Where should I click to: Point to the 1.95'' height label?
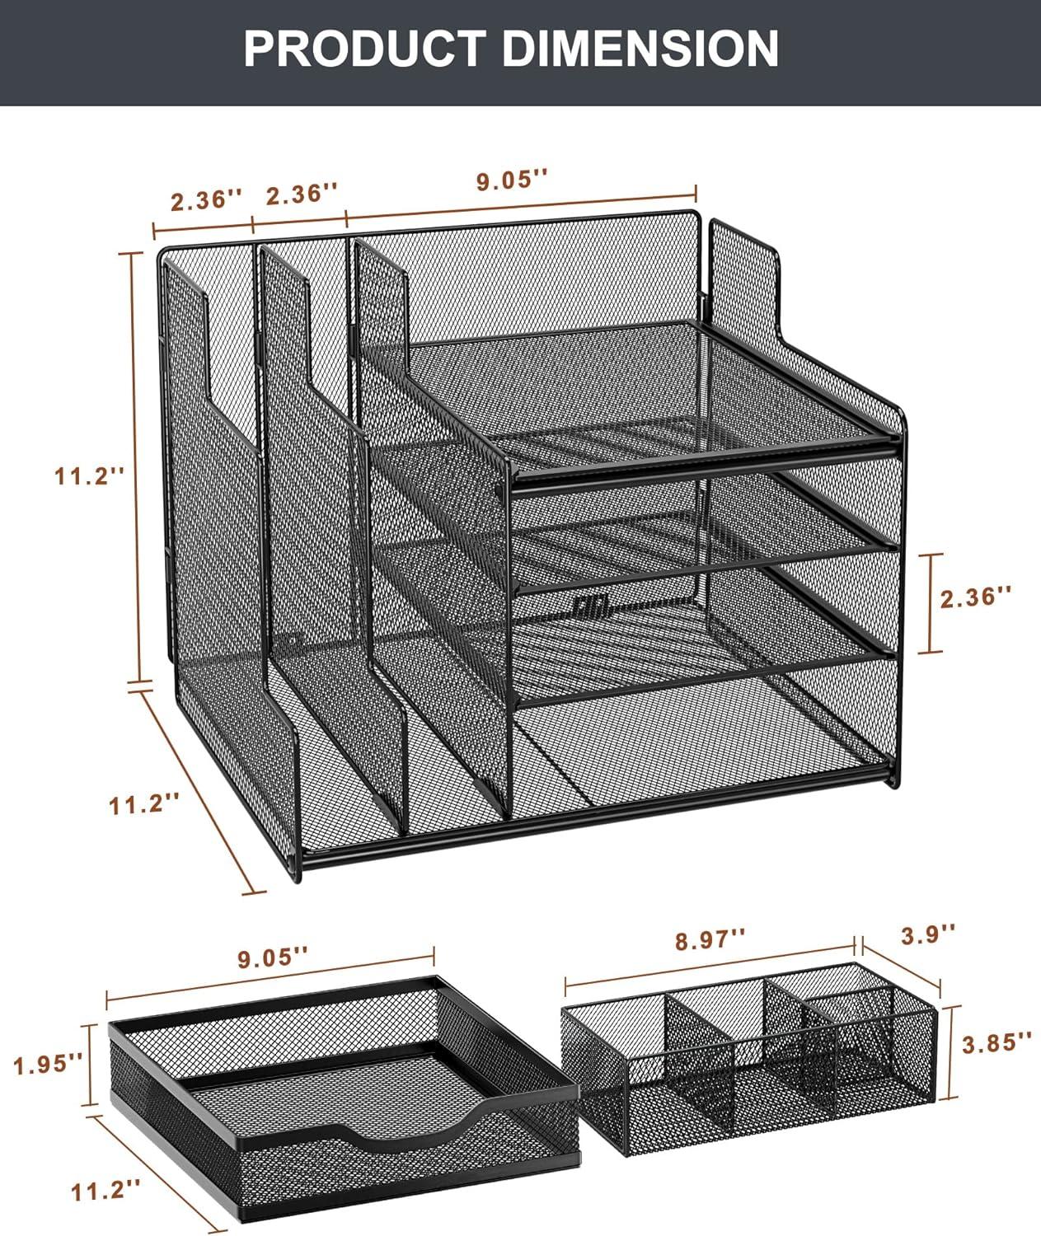point(48,1065)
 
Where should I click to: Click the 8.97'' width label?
point(710,939)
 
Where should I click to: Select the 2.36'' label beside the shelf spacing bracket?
point(977,597)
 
